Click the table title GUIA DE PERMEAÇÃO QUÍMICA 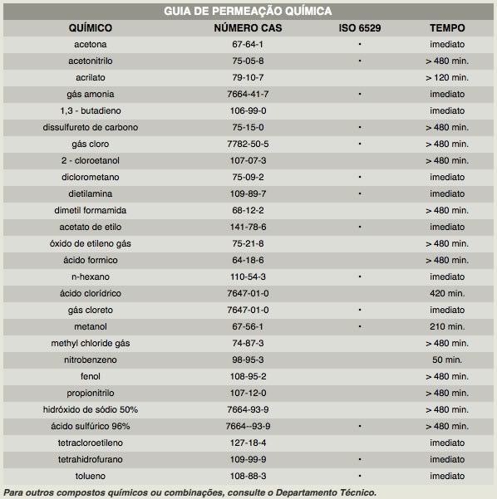pos(248,11)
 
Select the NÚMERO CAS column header pos(248,28)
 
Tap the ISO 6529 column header pos(360,28)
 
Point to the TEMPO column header pos(447,28)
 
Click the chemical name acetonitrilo pos(90,61)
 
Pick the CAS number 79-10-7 pos(248,77)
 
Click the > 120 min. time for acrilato pos(447,78)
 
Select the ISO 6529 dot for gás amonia pos(360,94)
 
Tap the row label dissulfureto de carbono pos(90,127)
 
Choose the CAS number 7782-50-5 pos(248,144)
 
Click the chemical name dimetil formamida pos(90,210)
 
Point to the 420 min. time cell pos(447,293)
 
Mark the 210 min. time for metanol pos(447,326)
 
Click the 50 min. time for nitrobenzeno pos(447,360)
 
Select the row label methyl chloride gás pos(90,344)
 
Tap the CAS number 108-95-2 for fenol pos(248,376)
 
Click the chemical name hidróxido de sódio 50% pos(90,409)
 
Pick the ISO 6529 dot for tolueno pos(360,476)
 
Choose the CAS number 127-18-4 pos(248,443)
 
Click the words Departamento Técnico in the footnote pos(325,492)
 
